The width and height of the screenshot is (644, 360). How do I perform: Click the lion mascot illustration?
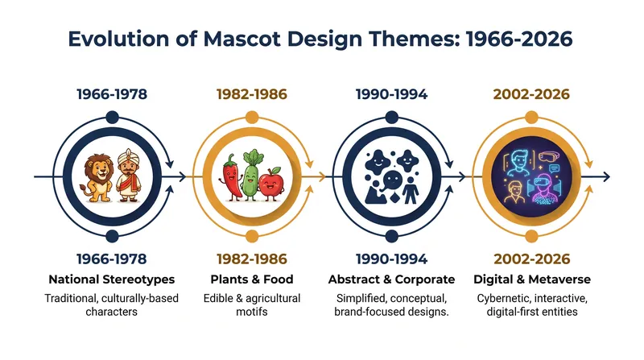pos(98,178)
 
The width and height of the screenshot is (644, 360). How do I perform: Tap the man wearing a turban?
pos(129,176)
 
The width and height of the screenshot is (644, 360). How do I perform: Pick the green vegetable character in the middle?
pos(251,176)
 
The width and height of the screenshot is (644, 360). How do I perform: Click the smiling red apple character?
pos(270,184)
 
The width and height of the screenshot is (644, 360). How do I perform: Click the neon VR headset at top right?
pos(549,156)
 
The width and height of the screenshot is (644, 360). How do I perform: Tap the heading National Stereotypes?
pos(112,279)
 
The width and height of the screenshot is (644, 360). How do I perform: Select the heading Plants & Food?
pos(252,279)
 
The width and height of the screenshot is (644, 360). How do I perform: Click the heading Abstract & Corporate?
pos(391,279)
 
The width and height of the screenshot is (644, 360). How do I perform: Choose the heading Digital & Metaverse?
pos(532,279)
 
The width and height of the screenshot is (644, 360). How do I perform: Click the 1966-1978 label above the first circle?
pos(112,94)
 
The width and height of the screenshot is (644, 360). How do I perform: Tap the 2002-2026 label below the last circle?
pos(532,259)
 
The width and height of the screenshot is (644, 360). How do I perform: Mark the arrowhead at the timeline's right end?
pos(606,177)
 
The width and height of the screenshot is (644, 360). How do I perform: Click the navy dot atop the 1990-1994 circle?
pos(392,117)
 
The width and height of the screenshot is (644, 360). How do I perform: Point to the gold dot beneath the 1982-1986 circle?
pos(252,236)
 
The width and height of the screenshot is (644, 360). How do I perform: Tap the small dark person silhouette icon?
pos(411,190)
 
